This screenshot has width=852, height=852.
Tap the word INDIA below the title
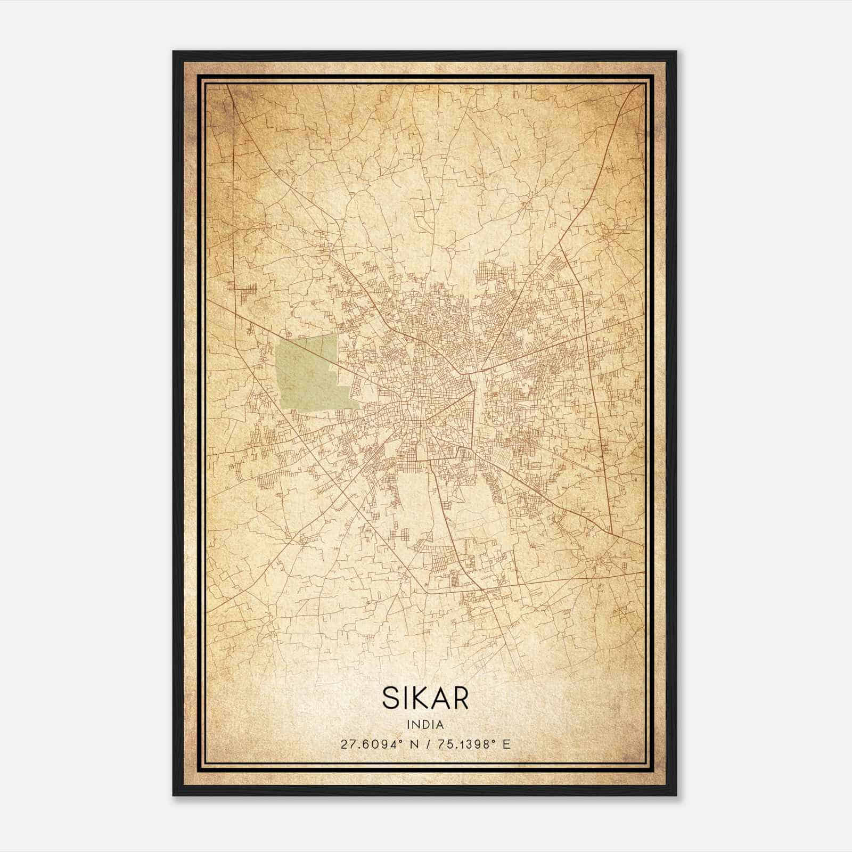(425, 725)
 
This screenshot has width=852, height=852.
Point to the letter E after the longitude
(506, 744)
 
